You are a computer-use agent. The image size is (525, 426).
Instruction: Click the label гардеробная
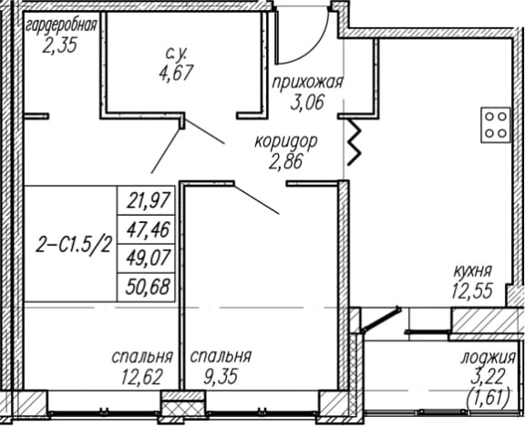[62, 26]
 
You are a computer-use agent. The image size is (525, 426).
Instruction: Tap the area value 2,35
[60, 45]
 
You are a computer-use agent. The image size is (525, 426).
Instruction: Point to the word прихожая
[307, 83]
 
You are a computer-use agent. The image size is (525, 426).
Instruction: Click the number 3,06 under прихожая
[307, 102]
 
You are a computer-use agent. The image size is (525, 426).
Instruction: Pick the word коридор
[286, 142]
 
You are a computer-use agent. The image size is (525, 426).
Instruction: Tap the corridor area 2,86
[285, 161]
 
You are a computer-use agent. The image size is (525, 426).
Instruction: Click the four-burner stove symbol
[496, 125]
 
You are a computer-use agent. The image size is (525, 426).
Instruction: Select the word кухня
[472, 271]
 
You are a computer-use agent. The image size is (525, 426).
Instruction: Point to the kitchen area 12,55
[472, 290]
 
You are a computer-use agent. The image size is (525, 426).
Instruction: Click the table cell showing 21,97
[146, 200]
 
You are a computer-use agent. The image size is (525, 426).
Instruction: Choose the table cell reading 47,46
[146, 229]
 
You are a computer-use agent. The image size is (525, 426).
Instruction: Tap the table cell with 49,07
[146, 259]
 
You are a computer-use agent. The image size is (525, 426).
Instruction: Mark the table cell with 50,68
[146, 288]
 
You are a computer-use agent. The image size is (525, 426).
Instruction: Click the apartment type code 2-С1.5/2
[73, 247]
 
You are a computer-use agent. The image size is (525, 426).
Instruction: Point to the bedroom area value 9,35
[221, 376]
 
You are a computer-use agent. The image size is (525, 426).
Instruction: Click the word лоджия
[488, 358]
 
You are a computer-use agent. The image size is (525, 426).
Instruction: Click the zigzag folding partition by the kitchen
[355, 142]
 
